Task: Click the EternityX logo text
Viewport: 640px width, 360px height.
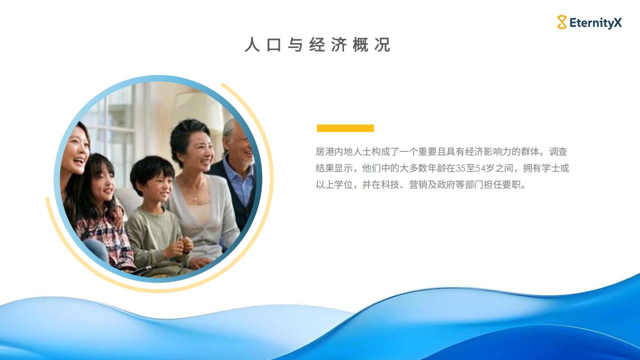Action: coord(595,23)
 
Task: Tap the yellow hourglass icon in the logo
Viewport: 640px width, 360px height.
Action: coord(561,22)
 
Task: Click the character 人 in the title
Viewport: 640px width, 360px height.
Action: coord(252,44)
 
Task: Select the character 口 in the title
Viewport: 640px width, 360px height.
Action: coord(273,45)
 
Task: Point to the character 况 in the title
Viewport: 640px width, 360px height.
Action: coord(382,44)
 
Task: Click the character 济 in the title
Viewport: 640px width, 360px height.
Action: coord(339,44)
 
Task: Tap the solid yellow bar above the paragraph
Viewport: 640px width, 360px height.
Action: coord(345,128)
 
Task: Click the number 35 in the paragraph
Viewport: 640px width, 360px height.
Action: coord(460,168)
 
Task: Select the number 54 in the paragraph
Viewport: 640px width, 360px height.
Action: coord(480,168)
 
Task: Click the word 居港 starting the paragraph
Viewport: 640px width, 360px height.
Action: coord(325,151)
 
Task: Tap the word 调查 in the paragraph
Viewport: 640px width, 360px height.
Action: coord(558,151)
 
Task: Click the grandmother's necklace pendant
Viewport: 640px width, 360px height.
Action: coord(195,198)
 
